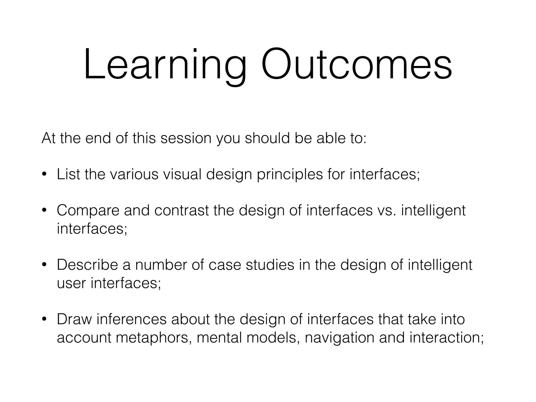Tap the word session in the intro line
186,138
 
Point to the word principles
290,175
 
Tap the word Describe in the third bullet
87,265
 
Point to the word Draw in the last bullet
75,319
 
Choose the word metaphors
152,338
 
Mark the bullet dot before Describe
44,265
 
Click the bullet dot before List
44,174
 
